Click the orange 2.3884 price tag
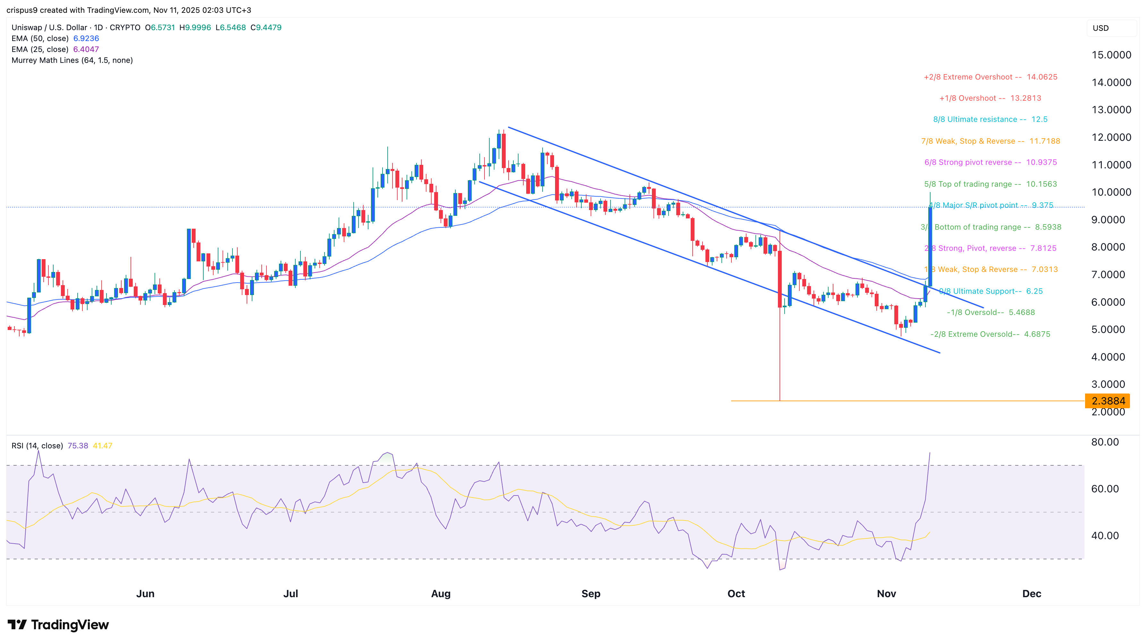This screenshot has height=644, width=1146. point(1108,401)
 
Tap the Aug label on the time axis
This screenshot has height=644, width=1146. point(441,593)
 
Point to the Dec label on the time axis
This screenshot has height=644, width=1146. point(1031,593)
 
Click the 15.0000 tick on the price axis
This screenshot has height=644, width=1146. point(1111,55)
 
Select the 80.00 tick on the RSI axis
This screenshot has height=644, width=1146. point(1105,442)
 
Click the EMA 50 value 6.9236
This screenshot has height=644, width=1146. point(86,38)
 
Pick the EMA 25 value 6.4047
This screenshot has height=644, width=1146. point(86,49)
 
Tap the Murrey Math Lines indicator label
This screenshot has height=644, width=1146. point(72,60)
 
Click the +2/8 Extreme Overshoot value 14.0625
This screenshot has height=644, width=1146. point(1042,77)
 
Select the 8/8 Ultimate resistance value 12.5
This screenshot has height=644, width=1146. point(1039,119)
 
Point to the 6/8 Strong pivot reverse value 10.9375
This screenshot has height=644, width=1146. point(1041,163)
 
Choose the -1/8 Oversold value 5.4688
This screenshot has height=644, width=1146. point(1022,312)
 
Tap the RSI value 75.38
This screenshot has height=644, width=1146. point(78,445)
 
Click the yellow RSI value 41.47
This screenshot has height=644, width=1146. point(102,445)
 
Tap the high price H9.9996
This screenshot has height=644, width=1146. point(195,28)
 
